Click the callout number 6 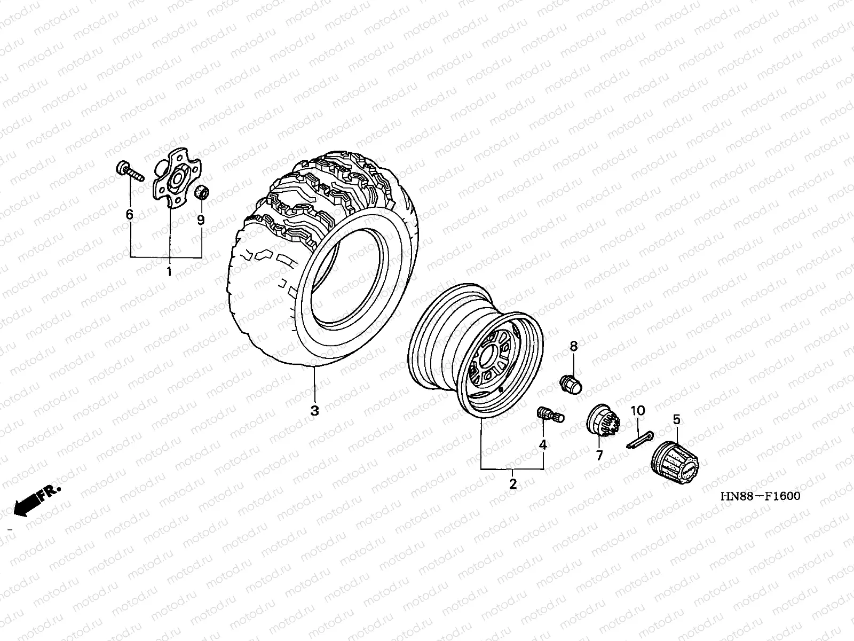point(130,214)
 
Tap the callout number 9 point(201,220)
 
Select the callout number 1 point(169,272)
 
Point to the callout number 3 point(315,411)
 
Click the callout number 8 point(574,346)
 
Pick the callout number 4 point(543,444)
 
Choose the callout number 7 point(599,455)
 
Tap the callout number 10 point(638,411)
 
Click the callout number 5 point(677,419)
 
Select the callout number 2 point(513,484)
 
